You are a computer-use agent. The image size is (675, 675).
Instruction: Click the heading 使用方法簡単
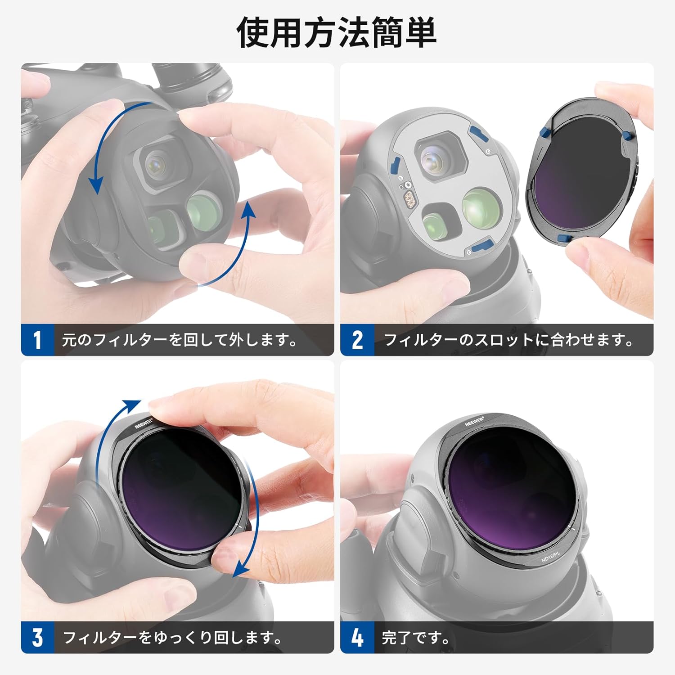click(x=337, y=32)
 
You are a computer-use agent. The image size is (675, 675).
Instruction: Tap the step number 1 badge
click(x=37, y=340)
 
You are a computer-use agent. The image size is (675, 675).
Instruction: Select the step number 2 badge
click(x=357, y=340)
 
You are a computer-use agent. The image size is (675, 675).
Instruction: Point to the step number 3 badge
click(x=37, y=637)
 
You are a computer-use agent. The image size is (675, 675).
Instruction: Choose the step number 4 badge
click(x=357, y=637)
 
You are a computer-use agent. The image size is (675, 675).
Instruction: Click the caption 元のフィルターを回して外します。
click(x=180, y=340)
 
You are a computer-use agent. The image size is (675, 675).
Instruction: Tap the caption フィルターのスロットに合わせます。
click(x=508, y=340)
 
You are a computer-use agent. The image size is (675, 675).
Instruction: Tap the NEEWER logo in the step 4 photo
click(x=474, y=421)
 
